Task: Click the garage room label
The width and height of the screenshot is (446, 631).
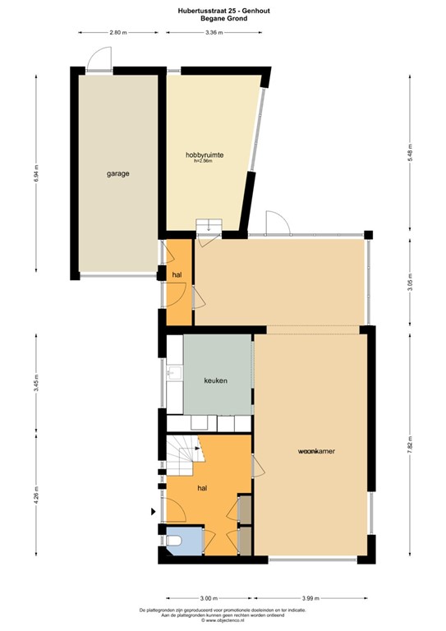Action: pos(117,173)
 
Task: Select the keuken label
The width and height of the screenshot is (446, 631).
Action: pos(215,380)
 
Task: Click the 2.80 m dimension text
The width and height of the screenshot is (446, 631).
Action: pos(118,33)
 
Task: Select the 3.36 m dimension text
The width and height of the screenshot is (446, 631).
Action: pos(215,33)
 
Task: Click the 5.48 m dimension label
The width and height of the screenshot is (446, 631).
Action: pos(410,153)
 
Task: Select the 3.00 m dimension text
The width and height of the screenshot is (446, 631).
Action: pos(209,598)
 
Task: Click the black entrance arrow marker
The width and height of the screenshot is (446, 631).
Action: pos(153,512)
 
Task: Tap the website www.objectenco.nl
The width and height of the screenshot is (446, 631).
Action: pos(223,620)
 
